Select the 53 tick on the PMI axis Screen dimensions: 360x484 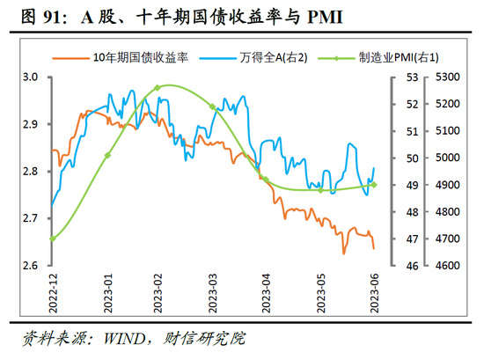tap(410, 77)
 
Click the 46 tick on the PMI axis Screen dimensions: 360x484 tap(410, 266)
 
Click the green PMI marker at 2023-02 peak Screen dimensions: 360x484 tap(157, 88)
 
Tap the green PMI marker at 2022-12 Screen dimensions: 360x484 tap(53, 239)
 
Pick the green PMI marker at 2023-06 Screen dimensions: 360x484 tap(374, 185)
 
